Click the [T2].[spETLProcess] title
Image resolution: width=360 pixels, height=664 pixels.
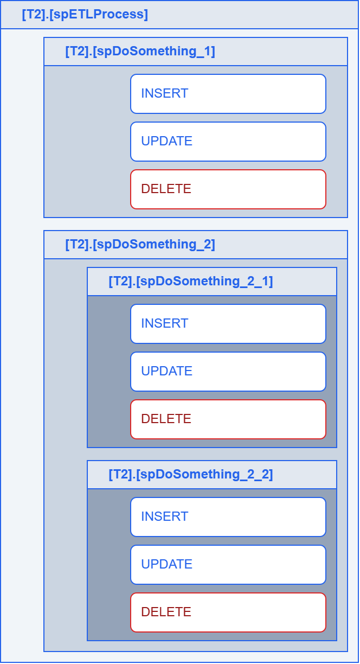(85, 15)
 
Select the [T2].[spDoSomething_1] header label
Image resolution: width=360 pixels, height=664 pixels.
(140, 52)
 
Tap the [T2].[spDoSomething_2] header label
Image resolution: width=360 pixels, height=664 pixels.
(140, 245)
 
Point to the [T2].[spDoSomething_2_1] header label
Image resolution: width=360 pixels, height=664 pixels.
(191, 282)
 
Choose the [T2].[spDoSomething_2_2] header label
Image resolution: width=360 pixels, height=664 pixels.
(191, 475)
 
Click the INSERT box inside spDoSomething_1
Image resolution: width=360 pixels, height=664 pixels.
(228, 94)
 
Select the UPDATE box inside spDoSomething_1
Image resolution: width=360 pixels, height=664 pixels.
(228, 142)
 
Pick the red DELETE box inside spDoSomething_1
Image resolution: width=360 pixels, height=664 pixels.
(228, 189)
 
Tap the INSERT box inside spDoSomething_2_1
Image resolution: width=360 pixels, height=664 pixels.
(228, 324)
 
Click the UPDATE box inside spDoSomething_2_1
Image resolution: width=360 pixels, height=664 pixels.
(228, 372)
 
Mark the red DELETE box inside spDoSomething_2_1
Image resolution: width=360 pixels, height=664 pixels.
(228, 419)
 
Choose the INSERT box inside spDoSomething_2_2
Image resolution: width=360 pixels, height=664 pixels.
(228, 517)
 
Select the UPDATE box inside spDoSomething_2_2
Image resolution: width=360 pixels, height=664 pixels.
(228, 565)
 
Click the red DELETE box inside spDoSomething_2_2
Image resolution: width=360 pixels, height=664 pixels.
(228, 612)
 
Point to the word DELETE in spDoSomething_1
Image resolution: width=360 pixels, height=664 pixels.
(166, 189)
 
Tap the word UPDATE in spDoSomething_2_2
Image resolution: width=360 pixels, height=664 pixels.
(167, 564)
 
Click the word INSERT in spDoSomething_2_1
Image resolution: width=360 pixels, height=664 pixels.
(165, 323)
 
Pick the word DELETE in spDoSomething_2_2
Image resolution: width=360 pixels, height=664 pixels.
(166, 612)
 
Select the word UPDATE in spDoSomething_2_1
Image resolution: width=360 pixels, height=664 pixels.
(167, 371)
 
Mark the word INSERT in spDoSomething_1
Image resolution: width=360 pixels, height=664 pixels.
(165, 93)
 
